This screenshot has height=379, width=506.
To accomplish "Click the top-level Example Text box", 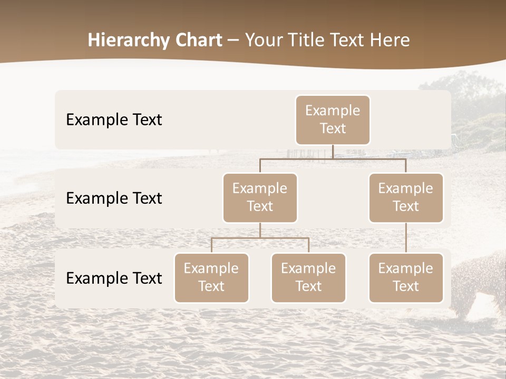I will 333,119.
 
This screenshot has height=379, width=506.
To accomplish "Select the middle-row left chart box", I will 260,197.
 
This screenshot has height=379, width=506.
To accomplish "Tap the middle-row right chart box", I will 406,197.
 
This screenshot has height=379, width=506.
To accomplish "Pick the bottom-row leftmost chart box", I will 211,277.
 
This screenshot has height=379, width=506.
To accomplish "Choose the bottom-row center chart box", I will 308,277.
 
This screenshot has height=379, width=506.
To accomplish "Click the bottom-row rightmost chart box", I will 406,277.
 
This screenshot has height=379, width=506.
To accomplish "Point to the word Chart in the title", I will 196,40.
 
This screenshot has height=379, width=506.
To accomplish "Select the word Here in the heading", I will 390,40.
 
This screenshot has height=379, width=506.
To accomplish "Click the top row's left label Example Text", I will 114,119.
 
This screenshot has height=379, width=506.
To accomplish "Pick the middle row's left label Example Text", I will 114,198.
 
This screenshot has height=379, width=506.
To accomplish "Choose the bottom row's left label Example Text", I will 114,278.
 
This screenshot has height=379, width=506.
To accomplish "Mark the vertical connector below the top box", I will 333,152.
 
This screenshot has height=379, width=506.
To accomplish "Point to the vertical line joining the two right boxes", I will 406,238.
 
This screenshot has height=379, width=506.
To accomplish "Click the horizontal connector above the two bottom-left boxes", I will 260,238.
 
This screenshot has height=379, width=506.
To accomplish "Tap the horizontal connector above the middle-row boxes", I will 333,158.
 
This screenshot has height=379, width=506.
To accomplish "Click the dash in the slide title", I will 233,41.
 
